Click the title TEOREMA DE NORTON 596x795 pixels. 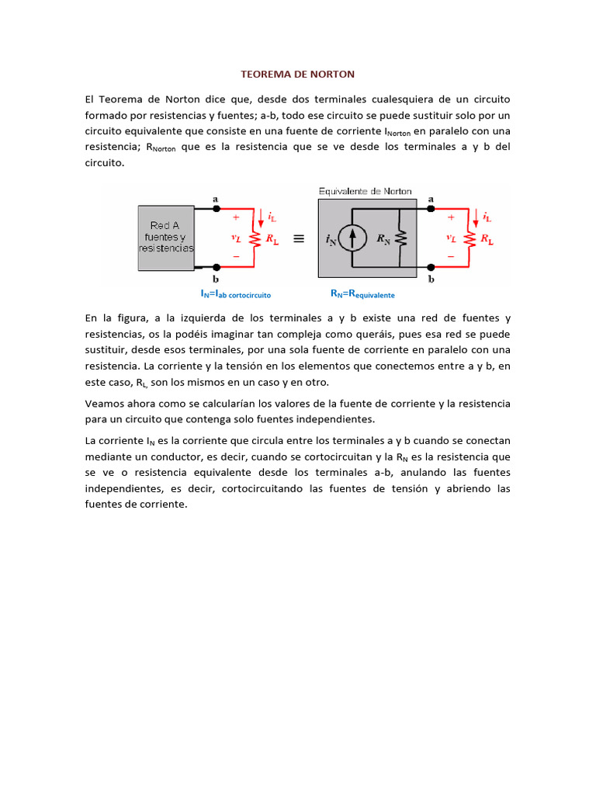[x=297, y=75]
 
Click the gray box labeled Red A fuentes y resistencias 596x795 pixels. [x=166, y=238]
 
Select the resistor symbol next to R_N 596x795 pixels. [x=400, y=240]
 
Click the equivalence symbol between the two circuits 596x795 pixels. [x=298, y=240]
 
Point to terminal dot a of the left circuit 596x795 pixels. [x=216, y=209]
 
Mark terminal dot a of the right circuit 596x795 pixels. [x=431, y=209]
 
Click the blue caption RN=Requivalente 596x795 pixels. [x=362, y=294]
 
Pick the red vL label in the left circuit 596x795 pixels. [x=236, y=239]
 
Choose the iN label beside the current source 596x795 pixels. [x=332, y=241]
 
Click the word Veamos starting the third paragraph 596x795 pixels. [x=103, y=404]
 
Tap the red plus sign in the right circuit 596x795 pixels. [x=451, y=218]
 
